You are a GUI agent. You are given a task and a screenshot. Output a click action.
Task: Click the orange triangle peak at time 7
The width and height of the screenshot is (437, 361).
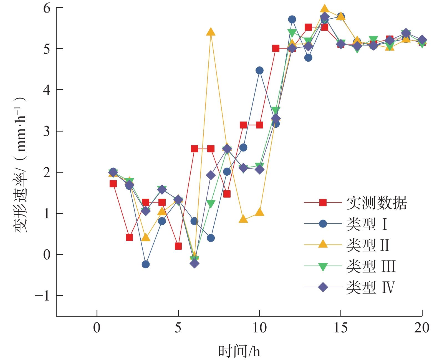click(211, 32)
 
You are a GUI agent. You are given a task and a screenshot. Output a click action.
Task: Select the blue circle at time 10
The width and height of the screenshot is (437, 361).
click(259, 70)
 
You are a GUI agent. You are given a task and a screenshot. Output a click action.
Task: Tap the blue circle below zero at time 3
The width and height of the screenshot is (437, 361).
click(146, 264)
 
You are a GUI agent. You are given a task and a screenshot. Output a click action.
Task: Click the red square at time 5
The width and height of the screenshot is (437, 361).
click(178, 246)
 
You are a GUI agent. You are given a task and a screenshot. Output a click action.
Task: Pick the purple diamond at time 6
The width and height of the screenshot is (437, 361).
click(194, 263)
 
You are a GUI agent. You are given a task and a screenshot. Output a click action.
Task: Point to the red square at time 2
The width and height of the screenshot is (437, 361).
click(129, 237)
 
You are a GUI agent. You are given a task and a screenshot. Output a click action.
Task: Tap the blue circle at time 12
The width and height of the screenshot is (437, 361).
click(292, 19)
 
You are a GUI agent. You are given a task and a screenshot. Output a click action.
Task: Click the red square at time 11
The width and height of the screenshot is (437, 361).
click(276, 48)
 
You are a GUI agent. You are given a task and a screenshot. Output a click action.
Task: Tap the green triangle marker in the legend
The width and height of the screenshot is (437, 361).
click(323, 267)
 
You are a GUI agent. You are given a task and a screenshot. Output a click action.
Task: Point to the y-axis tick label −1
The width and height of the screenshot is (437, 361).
click(42, 296)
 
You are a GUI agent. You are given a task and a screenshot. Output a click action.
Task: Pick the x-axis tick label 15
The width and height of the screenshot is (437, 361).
click(340, 328)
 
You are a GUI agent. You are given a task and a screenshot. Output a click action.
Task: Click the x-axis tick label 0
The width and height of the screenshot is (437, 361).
click(97, 328)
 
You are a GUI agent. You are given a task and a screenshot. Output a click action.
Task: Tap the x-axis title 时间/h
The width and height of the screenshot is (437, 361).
click(239, 352)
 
